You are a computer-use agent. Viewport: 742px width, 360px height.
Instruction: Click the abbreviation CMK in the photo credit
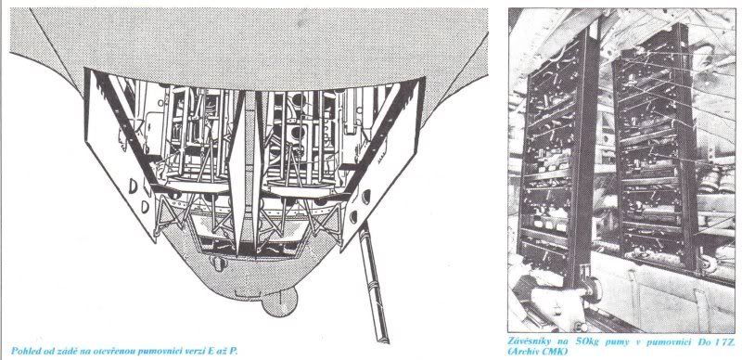tap(555, 352)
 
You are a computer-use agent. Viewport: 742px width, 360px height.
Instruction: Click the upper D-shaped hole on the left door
tap(133, 186)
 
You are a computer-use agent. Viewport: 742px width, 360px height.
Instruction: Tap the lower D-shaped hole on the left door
tap(145, 207)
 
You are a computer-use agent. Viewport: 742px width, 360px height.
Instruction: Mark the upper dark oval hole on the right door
tap(365, 197)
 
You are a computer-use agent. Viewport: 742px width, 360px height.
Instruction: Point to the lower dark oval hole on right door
tap(353, 217)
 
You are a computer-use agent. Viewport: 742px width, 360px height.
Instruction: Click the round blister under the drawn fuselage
tap(280, 302)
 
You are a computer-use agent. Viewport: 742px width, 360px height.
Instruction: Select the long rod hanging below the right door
tap(374, 282)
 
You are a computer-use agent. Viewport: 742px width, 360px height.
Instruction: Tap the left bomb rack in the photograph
tap(559, 156)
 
